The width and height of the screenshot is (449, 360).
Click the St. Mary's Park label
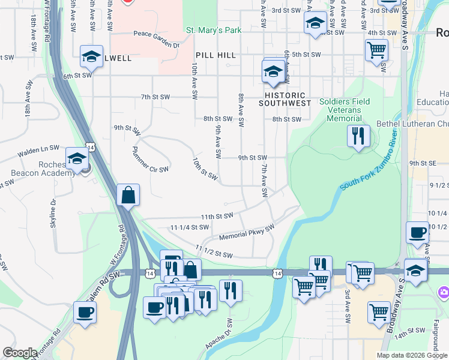(213, 29)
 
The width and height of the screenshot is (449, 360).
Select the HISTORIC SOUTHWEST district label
(285, 99)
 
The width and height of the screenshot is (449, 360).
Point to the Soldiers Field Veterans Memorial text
(345, 110)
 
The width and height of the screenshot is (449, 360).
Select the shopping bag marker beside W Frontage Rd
(128, 194)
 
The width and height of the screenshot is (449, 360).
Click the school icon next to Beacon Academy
(77, 158)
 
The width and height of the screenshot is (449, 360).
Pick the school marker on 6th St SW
(91, 56)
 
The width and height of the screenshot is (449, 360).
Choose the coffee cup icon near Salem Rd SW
(85, 312)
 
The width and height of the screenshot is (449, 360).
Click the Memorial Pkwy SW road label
(246, 232)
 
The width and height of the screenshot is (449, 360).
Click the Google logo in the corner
(20, 353)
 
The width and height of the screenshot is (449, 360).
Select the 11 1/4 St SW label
(189, 227)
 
